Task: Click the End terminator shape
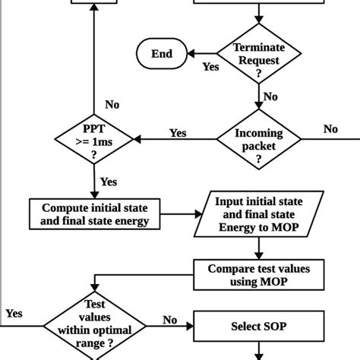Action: point(162,54)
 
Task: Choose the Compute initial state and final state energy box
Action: point(95,213)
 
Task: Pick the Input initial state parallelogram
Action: point(260,213)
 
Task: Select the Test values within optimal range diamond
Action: point(94,328)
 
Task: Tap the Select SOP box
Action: point(260,328)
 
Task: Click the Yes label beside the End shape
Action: point(210,66)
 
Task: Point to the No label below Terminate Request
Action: point(270,97)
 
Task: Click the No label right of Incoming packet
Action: point(330,129)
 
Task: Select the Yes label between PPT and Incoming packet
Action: point(178,133)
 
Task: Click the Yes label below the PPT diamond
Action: point(109,182)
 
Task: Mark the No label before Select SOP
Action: point(171,321)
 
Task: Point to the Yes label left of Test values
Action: point(14,313)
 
